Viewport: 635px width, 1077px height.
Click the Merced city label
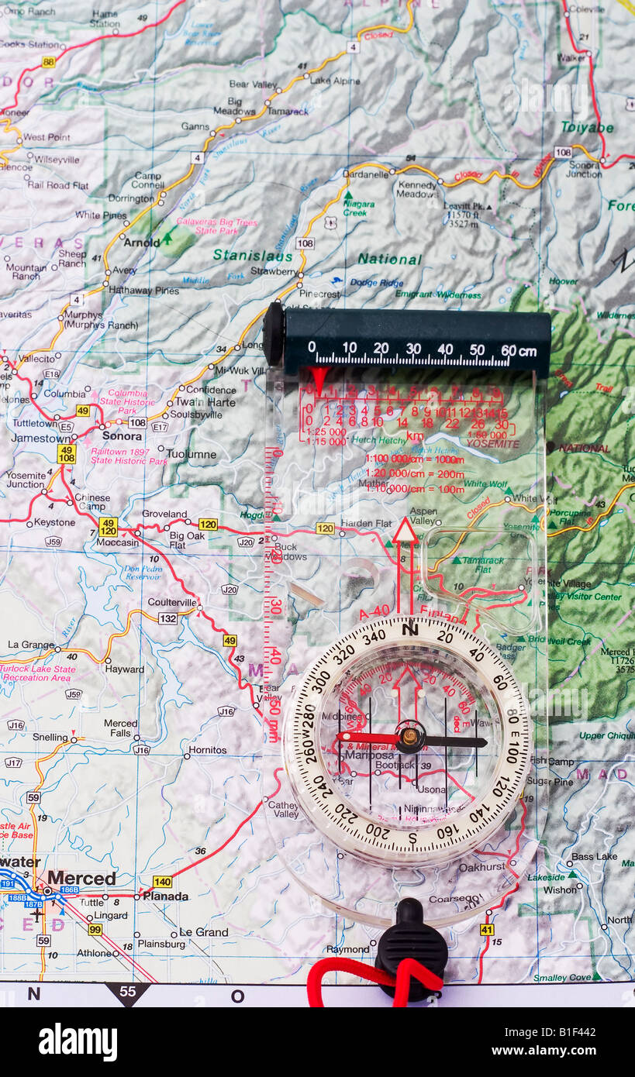81,878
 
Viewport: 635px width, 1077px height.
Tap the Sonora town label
122,435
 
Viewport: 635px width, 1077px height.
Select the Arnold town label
142,242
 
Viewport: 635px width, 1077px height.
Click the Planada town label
165,896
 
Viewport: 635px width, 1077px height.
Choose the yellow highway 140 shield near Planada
162,881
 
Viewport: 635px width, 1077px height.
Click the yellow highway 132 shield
167,618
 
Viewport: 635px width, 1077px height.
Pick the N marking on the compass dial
410,629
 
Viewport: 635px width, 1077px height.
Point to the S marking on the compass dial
412,837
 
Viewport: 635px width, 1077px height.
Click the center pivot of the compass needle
410,737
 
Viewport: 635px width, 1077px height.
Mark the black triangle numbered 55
127,993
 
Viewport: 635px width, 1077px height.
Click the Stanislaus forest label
253,256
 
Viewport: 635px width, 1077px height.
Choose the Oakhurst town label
481,867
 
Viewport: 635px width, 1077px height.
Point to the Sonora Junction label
585,170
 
